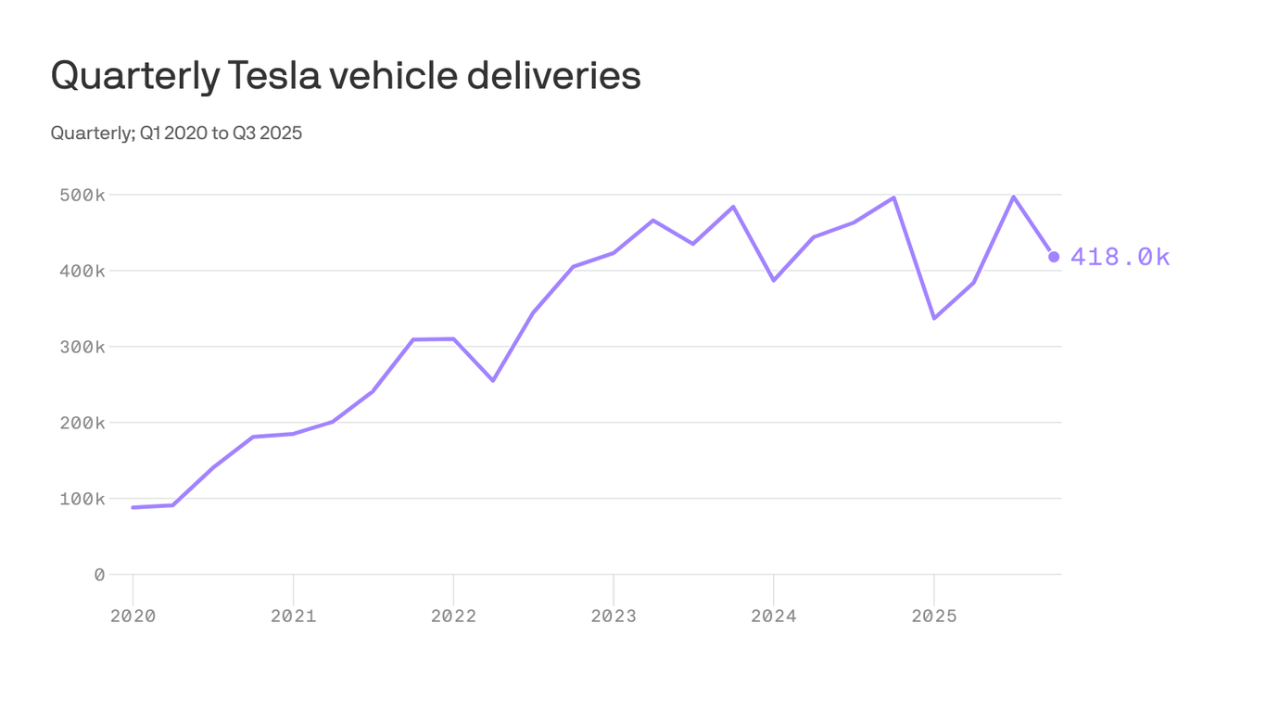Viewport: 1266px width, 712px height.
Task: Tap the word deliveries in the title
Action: [553, 75]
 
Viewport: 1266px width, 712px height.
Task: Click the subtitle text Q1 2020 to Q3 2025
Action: [221, 133]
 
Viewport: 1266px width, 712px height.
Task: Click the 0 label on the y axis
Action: [99, 575]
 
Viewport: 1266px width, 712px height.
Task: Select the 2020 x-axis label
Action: [133, 616]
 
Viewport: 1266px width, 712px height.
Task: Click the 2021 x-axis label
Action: [293, 616]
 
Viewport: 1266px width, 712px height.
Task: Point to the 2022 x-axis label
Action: [453, 616]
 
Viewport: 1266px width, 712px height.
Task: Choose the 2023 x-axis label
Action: [614, 616]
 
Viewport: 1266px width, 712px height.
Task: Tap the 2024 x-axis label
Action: [774, 616]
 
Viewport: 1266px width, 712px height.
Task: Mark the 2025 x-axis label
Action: [934, 616]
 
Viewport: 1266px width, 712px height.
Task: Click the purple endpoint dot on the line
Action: [1054, 257]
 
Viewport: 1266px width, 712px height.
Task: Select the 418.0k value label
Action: [1120, 257]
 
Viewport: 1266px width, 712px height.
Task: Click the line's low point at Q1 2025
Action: [934, 318]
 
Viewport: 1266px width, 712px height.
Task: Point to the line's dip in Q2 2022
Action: [493, 380]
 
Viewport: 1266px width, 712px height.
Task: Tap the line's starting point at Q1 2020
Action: [133, 507]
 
